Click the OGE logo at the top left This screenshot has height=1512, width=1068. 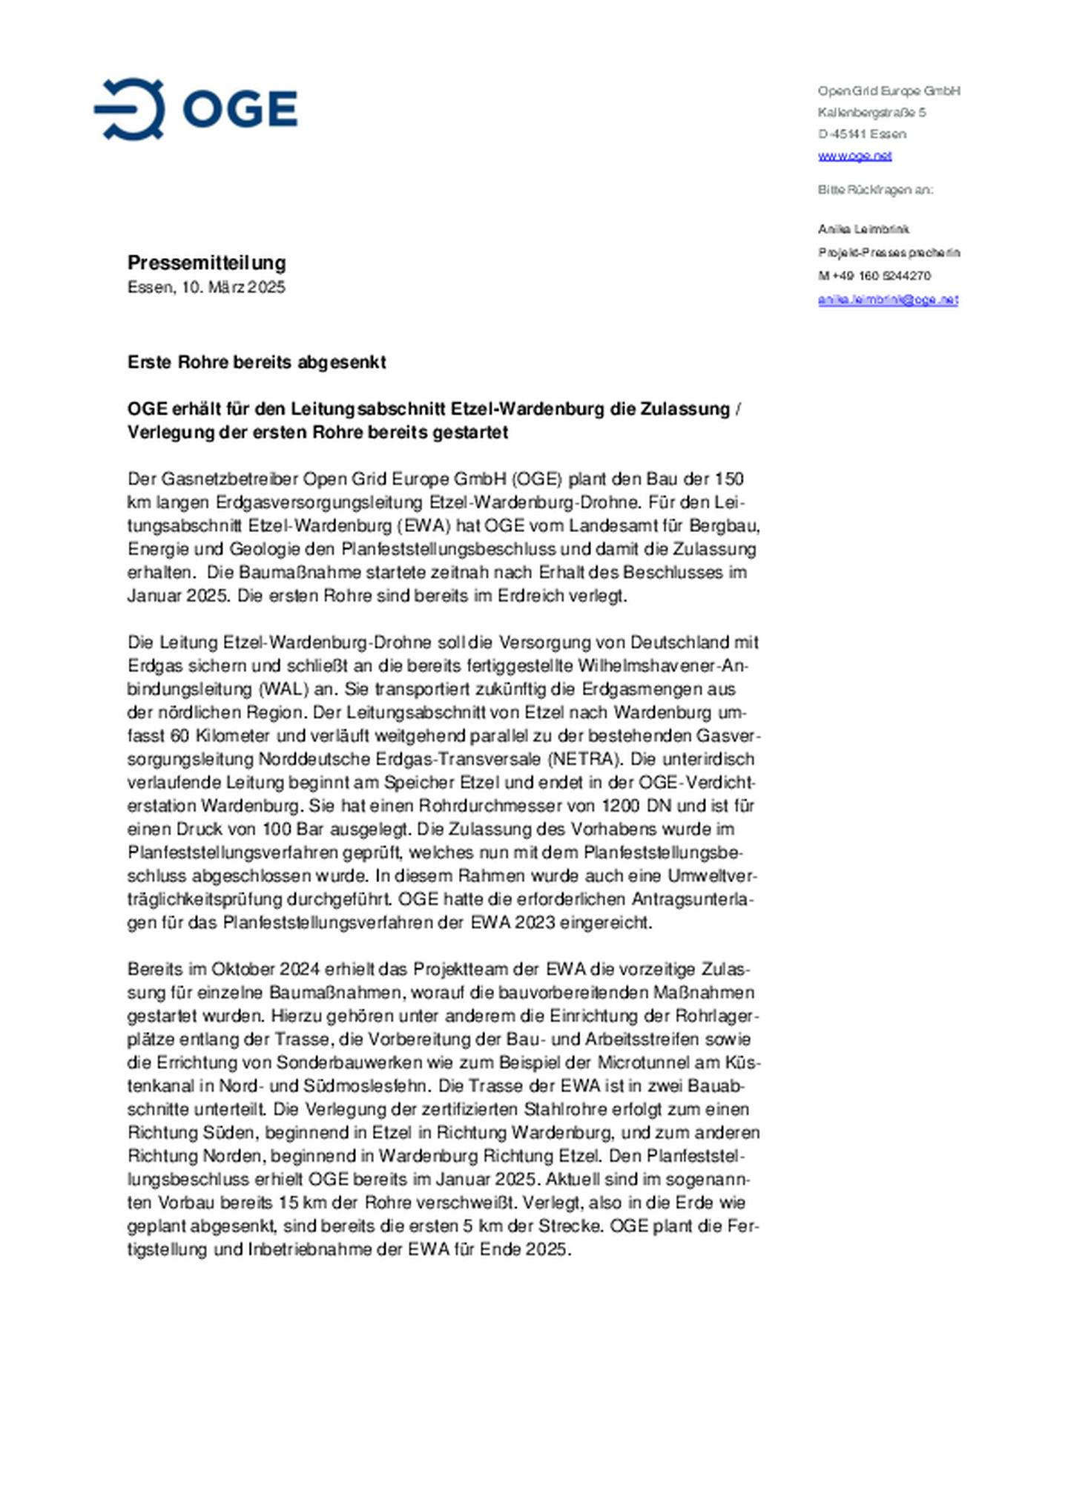(196, 109)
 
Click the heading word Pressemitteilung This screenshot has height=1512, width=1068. (206, 263)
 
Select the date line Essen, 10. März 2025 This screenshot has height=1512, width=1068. (206, 287)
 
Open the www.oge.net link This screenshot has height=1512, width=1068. (854, 156)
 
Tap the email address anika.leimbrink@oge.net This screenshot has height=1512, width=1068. (888, 300)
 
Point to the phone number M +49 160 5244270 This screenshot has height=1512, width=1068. (874, 276)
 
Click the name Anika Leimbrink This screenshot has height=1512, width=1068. (863, 229)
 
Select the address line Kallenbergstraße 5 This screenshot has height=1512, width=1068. (871, 113)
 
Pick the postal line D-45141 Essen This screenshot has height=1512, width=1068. (862, 134)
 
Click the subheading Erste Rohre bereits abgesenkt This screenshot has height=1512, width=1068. (257, 362)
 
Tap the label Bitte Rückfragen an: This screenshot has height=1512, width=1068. (875, 190)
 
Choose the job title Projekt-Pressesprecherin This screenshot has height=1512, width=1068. (889, 253)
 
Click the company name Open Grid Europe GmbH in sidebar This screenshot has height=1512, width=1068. (889, 91)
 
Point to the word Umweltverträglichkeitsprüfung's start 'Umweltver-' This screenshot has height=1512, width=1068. (712, 875)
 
